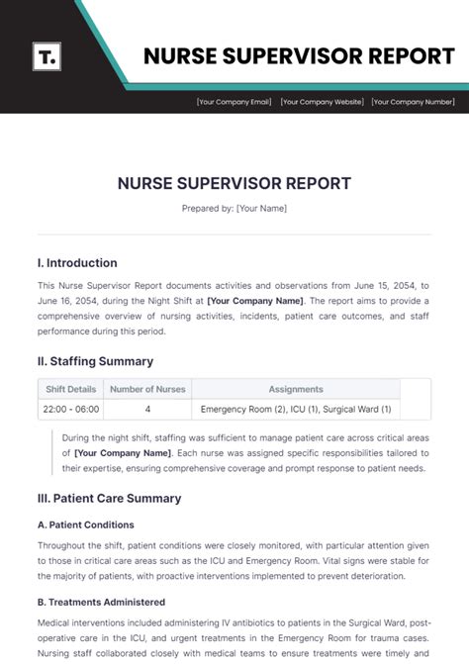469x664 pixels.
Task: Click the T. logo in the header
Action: (x=46, y=55)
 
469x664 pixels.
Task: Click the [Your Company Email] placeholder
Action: (x=234, y=101)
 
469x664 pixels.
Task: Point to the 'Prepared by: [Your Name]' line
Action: (x=234, y=209)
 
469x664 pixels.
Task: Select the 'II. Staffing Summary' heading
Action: (x=95, y=361)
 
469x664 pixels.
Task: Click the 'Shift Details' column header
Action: (x=70, y=389)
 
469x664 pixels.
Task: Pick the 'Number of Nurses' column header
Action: (x=147, y=389)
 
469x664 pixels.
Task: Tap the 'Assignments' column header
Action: (x=296, y=389)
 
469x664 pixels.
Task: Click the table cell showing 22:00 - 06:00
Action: (x=70, y=409)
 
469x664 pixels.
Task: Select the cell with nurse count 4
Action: (x=147, y=409)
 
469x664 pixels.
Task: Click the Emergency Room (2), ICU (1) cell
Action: (x=296, y=409)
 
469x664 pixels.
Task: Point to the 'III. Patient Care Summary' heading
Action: (x=109, y=499)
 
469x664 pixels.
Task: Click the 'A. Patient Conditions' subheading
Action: (x=85, y=524)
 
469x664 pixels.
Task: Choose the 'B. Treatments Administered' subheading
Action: (x=101, y=602)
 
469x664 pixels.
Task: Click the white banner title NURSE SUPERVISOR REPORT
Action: (x=299, y=55)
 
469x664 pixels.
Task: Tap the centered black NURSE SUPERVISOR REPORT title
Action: (x=234, y=184)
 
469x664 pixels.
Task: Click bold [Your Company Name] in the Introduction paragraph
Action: (x=256, y=300)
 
